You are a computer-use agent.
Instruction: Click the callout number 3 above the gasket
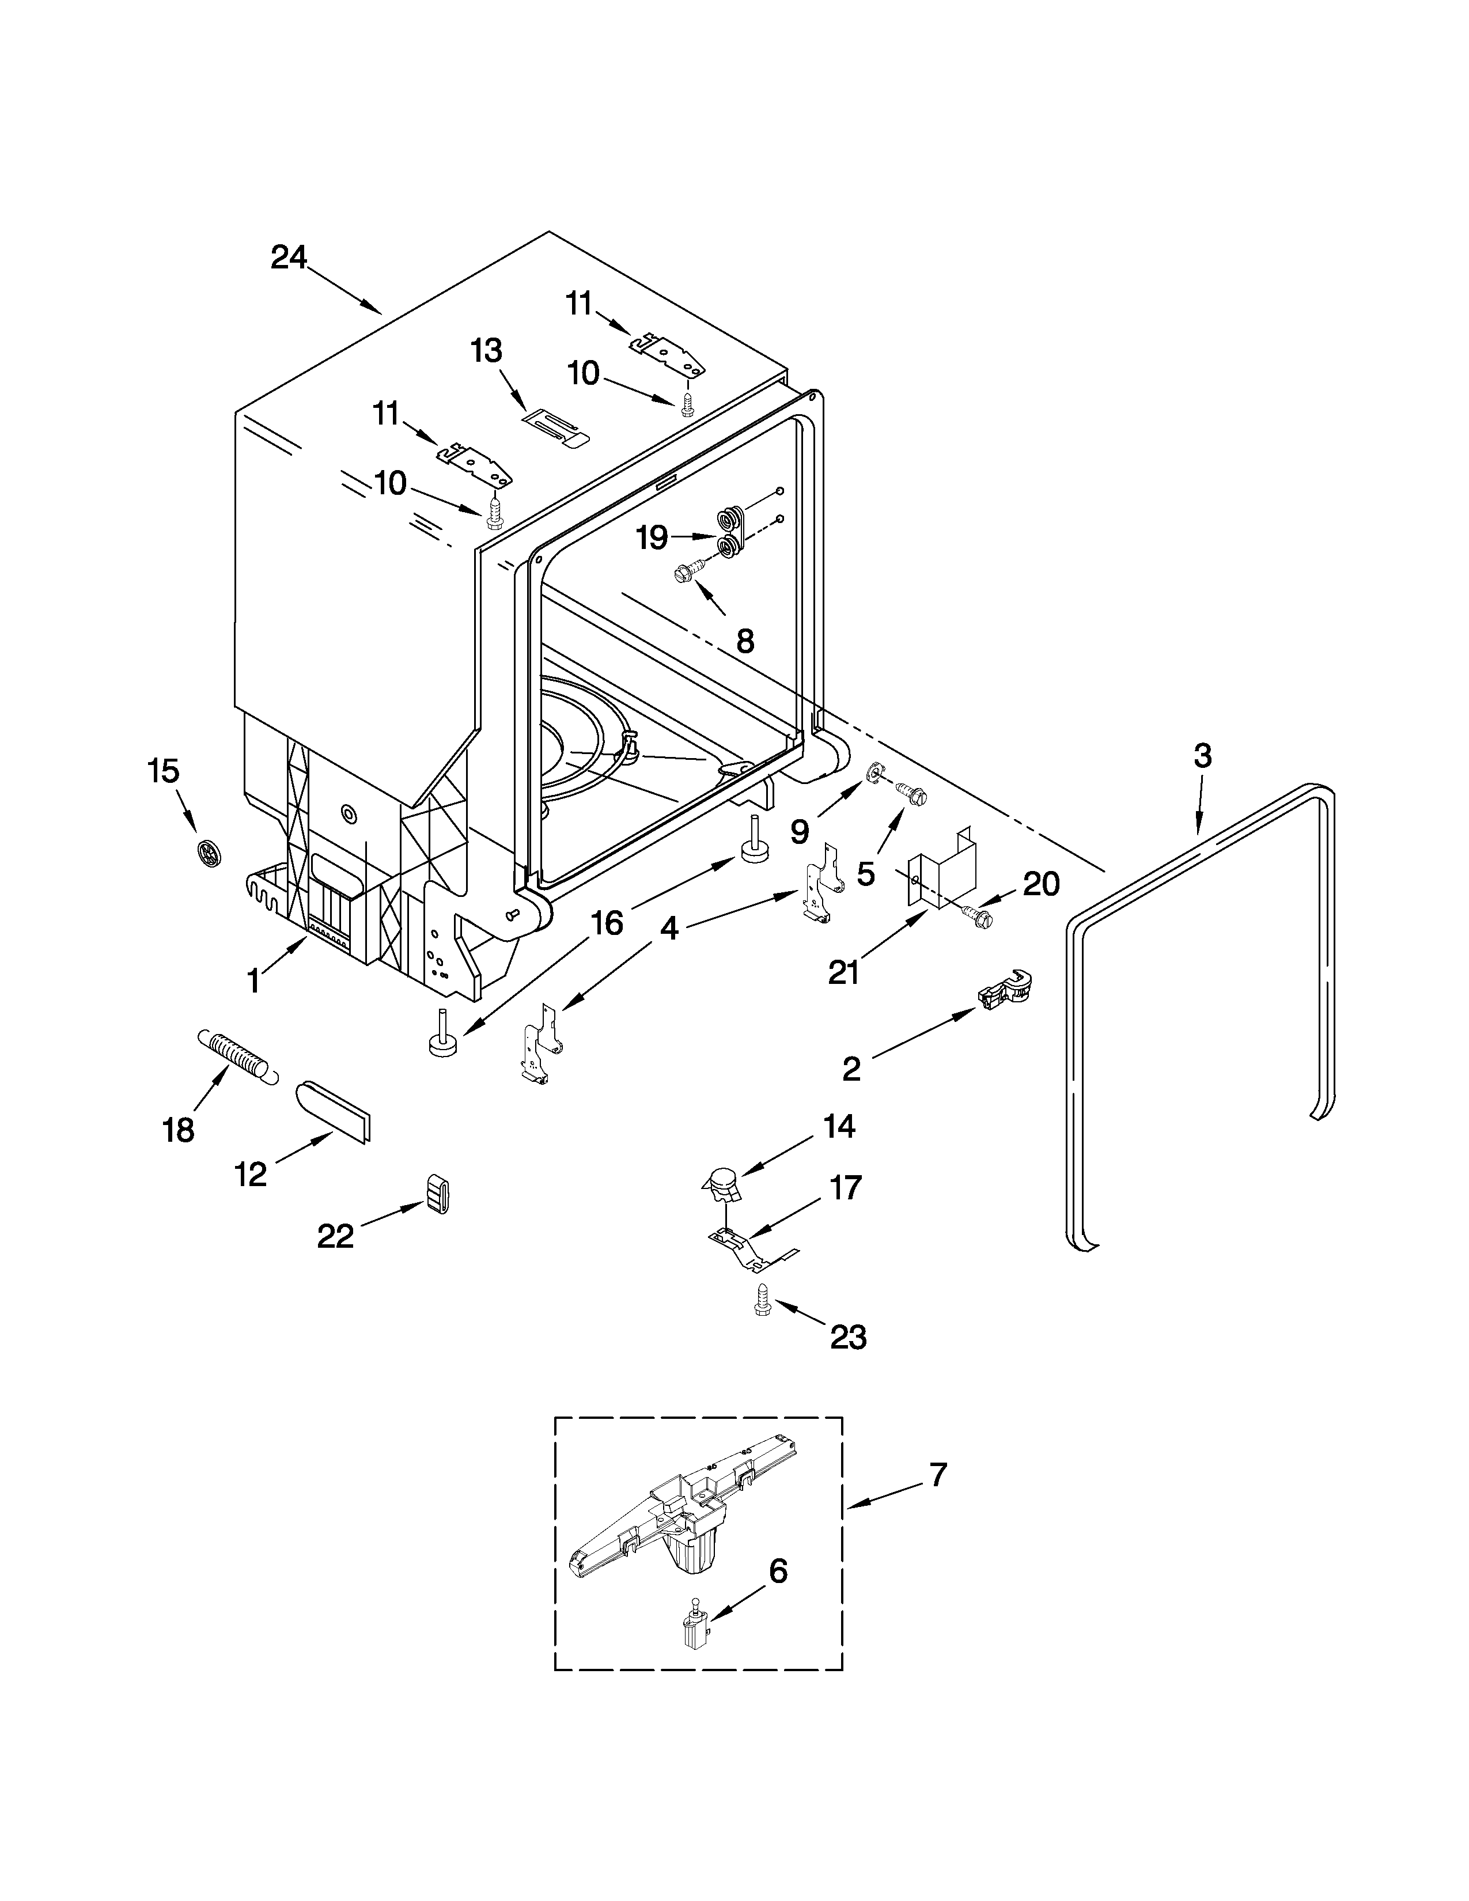pos(1202,756)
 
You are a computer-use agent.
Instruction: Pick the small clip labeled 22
pos(438,1192)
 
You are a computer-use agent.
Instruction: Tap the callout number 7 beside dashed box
pos(936,1475)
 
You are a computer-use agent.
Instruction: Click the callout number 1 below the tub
pos(253,982)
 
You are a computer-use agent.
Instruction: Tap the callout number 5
pos(865,873)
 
